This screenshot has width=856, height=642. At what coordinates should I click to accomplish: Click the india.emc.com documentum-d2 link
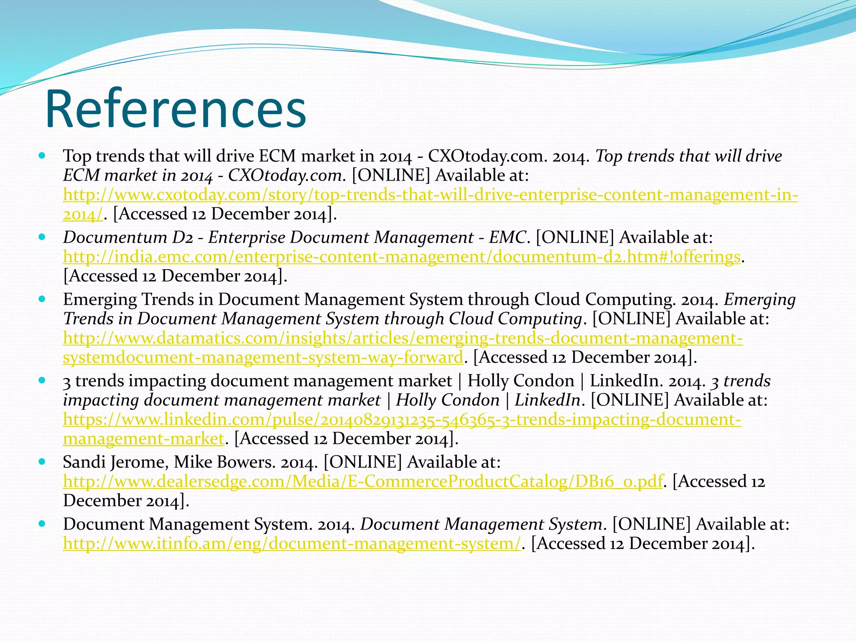(401, 257)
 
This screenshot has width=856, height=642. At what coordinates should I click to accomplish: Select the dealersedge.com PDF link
(363, 481)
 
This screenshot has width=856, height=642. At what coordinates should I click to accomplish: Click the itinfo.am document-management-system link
(292, 543)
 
